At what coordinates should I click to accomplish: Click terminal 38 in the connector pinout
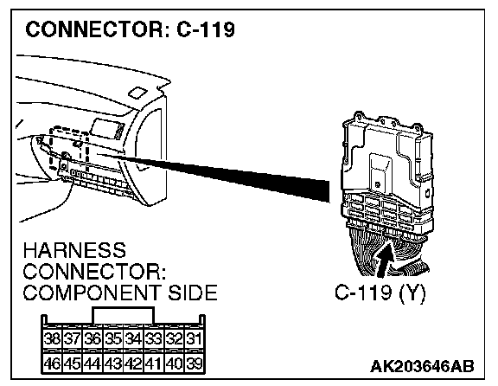click(52, 339)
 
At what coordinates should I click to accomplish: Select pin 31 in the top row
click(195, 339)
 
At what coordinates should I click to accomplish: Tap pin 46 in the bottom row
click(52, 363)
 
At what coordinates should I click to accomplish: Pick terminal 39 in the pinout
click(195, 363)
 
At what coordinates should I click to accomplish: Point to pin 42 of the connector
click(133, 363)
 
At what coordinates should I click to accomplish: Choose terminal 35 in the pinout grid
click(113, 339)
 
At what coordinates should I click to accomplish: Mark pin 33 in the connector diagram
click(154, 339)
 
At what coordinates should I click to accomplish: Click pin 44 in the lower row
click(93, 363)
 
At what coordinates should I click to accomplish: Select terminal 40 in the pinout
click(174, 363)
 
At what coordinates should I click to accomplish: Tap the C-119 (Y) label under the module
click(380, 293)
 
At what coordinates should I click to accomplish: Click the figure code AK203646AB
click(422, 366)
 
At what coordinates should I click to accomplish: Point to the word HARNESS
click(74, 250)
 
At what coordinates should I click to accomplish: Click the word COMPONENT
click(93, 293)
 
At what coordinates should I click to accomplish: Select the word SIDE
click(193, 293)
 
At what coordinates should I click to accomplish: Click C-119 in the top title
click(206, 29)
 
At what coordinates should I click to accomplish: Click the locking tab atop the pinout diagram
click(123, 315)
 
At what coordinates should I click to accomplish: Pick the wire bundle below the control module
click(387, 251)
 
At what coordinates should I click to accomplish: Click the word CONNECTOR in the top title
click(94, 29)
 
